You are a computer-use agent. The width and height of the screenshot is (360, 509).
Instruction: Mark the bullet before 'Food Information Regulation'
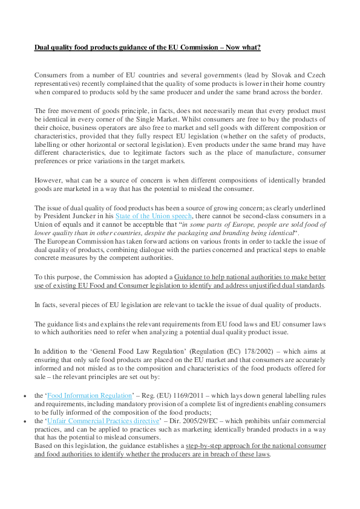pos(24,396)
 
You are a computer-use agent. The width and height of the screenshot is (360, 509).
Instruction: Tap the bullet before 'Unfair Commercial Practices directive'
pos(24,420)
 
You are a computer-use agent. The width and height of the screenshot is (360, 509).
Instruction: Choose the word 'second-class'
pos(270,216)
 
